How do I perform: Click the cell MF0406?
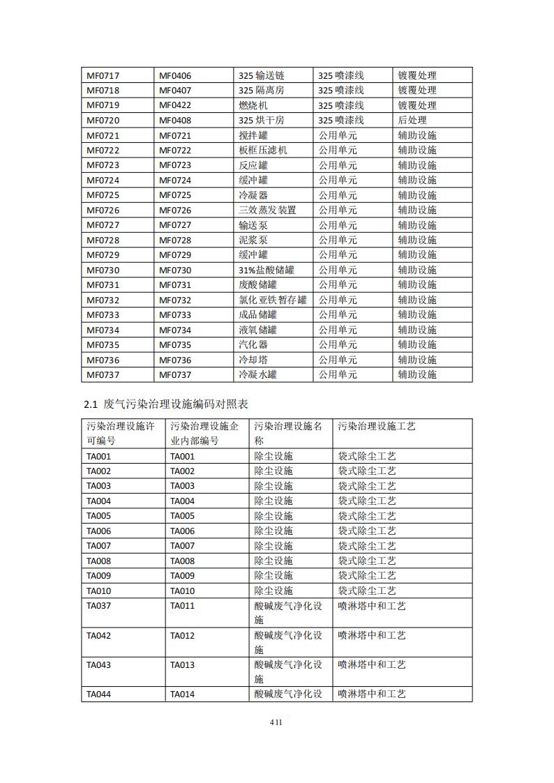click(x=175, y=75)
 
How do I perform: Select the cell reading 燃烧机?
click(x=253, y=105)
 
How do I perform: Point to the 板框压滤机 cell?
click(x=262, y=150)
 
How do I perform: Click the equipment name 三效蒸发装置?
click(x=267, y=210)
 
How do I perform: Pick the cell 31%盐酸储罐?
click(x=266, y=270)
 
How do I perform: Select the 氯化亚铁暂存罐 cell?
click(x=272, y=300)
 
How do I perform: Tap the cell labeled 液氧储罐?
click(x=257, y=330)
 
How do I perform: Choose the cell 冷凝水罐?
click(x=257, y=374)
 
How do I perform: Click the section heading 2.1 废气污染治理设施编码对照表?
click(x=166, y=404)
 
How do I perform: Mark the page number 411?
click(x=276, y=722)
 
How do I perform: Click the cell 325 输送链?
click(x=261, y=75)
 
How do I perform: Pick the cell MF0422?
click(x=175, y=105)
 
